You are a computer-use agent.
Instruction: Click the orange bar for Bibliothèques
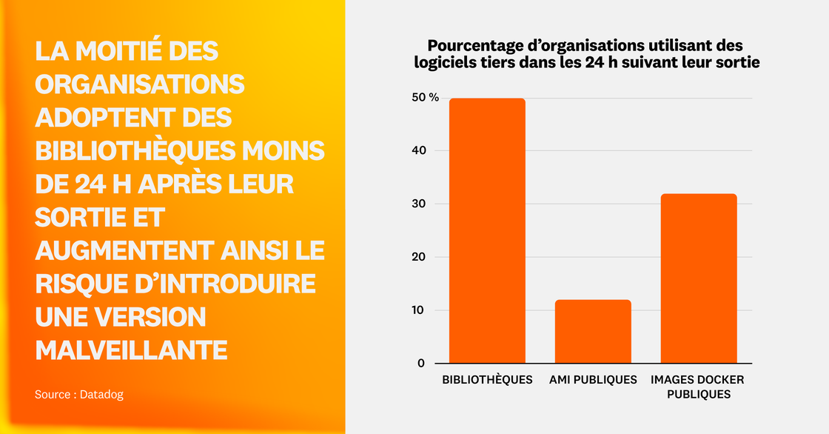pos(487,230)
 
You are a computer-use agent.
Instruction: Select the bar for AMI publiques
pos(593,331)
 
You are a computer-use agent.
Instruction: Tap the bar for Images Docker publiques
pos(699,278)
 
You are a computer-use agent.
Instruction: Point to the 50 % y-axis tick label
pos(425,99)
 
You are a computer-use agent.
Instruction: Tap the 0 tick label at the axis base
pos(420,363)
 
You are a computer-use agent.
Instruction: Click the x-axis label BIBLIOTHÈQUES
pos(487,380)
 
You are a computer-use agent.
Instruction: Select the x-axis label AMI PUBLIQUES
pos(593,380)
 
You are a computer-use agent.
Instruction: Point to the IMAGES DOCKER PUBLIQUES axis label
pos(698,387)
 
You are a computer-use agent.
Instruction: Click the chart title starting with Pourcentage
pos(587,54)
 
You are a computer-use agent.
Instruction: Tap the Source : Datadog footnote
pos(79,395)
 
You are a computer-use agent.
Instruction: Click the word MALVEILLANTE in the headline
pos(131,350)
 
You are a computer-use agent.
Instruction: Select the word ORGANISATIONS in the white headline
pos(140,84)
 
